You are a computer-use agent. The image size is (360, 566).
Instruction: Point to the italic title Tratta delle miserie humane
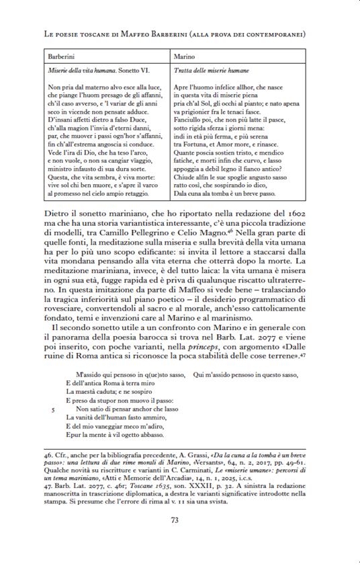[x=212, y=71]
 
